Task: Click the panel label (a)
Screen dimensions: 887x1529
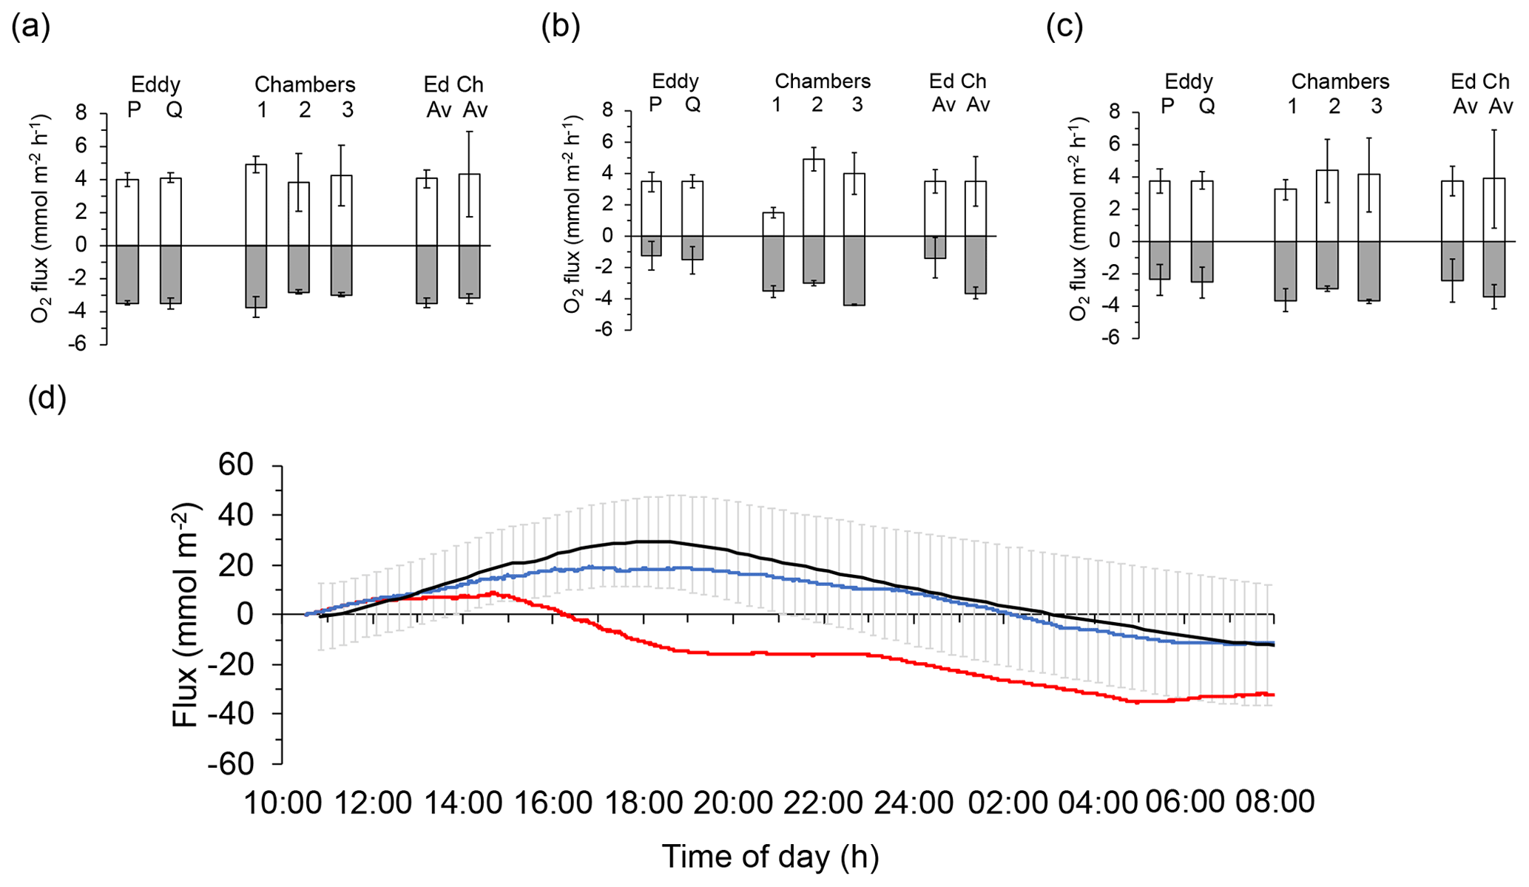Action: pos(31,27)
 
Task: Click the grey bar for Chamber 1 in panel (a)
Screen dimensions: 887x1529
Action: pos(256,276)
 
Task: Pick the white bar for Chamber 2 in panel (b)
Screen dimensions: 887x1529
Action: pos(814,198)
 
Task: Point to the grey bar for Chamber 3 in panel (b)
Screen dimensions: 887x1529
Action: pos(854,270)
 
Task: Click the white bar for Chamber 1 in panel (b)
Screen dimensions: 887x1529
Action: pos(773,224)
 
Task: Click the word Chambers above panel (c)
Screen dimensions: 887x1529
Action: pos(1340,81)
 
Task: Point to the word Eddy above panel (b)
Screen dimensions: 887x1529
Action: pos(675,81)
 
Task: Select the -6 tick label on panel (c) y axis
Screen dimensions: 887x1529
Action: pos(1107,339)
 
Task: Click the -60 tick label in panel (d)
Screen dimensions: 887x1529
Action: pos(230,763)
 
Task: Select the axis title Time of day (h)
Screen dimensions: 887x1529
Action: pos(770,857)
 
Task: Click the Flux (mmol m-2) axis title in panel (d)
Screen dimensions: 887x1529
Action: pos(186,615)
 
